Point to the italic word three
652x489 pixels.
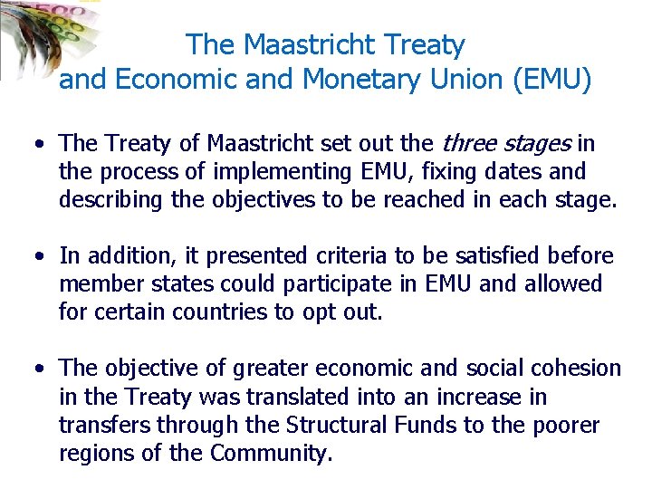point(467,143)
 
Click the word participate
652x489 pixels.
point(336,284)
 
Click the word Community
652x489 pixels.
point(268,453)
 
